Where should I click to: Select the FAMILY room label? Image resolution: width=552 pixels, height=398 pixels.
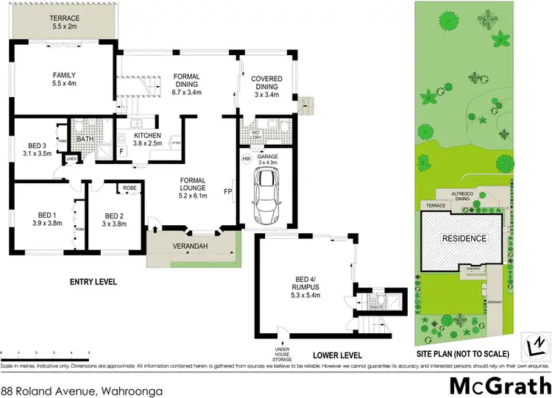click(64, 79)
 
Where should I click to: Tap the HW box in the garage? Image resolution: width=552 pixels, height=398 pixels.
click(246, 158)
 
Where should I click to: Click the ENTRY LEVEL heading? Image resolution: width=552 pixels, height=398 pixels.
click(94, 281)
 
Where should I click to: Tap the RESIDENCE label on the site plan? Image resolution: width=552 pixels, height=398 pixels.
click(464, 238)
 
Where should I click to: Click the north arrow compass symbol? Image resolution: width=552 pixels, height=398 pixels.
click(537, 343)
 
